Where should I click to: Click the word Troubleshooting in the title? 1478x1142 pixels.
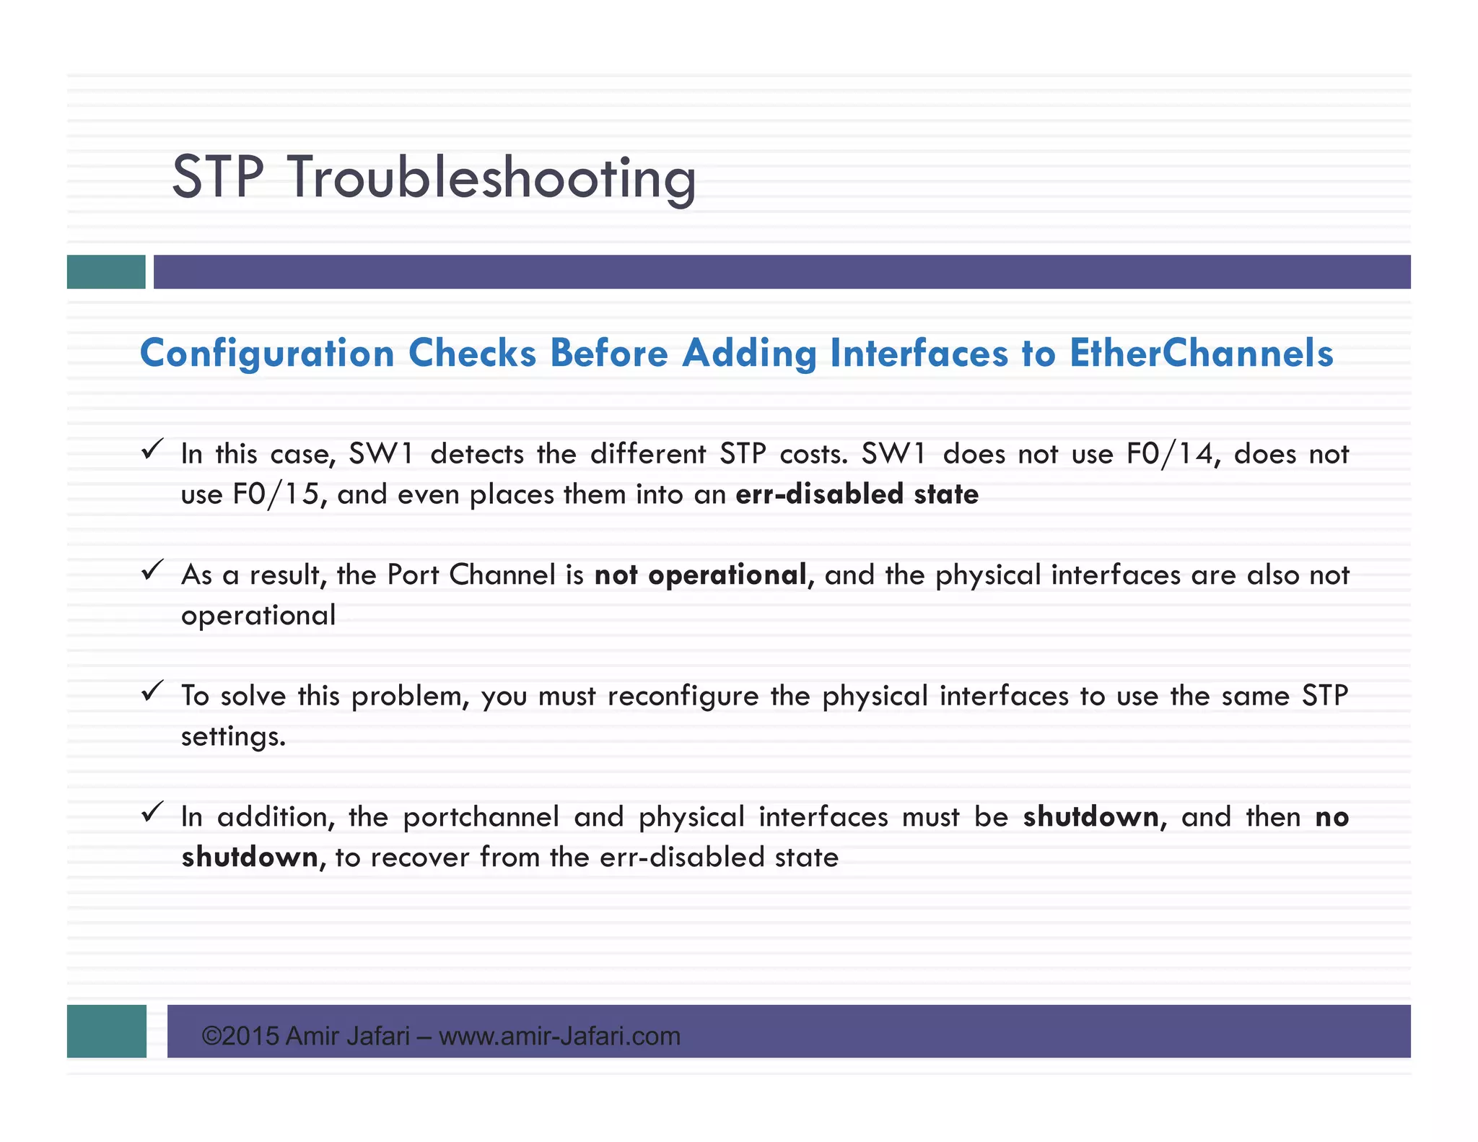492,178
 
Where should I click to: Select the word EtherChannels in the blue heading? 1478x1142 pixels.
1201,354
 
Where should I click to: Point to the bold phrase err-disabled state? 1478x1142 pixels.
857,494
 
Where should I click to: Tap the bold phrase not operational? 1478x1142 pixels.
700,575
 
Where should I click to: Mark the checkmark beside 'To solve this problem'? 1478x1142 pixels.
152,692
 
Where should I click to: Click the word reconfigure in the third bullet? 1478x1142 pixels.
683,697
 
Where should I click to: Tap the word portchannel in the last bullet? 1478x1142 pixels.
481,817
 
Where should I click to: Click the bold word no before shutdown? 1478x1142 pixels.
1331,817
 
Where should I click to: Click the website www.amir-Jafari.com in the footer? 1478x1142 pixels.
559,1037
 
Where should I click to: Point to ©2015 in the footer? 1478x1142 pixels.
240,1037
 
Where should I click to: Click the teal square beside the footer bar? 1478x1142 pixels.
106,1031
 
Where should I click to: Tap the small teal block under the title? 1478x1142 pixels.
106,272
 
